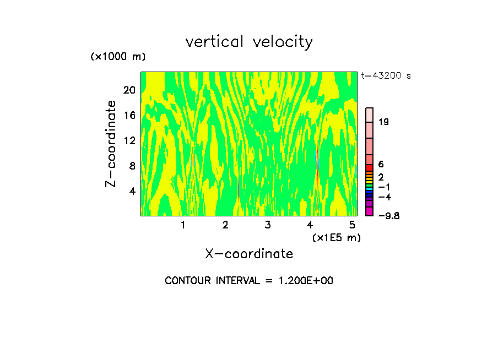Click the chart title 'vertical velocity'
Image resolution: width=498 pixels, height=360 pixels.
click(x=249, y=42)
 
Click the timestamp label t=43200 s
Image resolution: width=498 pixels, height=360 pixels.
click(x=386, y=76)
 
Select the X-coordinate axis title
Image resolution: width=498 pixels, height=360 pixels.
click(x=249, y=254)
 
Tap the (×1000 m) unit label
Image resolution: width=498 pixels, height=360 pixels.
click(x=117, y=57)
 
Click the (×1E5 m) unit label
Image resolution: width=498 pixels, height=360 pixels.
click(x=336, y=237)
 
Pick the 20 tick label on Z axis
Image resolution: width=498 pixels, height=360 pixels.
click(x=129, y=90)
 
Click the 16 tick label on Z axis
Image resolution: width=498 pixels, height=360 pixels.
click(x=129, y=115)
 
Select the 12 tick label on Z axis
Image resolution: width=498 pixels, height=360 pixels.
click(x=129, y=140)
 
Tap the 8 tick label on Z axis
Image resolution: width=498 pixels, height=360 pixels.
click(x=132, y=166)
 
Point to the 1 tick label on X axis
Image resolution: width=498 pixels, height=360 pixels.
click(x=183, y=225)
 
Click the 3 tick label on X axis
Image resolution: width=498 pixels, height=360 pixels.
click(x=268, y=225)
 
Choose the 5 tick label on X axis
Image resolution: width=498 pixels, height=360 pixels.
click(x=352, y=225)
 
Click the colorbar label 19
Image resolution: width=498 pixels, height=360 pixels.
click(x=384, y=122)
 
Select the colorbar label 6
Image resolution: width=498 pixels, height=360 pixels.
click(x=381, y=164)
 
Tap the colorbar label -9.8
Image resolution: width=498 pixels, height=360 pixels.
click(x=388, y=216)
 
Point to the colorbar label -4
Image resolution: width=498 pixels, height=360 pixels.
click(x=385, y=197)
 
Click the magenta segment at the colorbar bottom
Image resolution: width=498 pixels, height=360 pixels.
click(x=369, y=211)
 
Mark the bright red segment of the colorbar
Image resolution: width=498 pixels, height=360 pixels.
click(x=369, y=168)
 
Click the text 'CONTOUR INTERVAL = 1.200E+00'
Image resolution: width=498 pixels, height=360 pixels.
click(x=249, y=281)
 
